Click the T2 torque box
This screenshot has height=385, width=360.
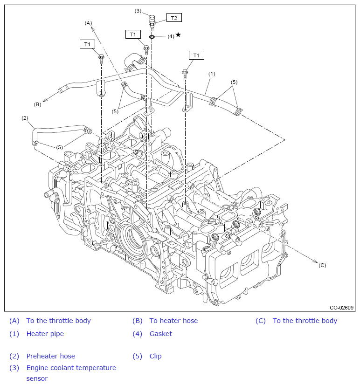click(174, 18)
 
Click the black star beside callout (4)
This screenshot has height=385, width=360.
click(179, 35)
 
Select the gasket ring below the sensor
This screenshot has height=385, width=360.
click(152, 37)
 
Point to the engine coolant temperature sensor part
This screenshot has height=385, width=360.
click(152, 22)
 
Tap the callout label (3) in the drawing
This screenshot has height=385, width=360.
click(138, 11)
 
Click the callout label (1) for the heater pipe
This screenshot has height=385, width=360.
click(212, 74)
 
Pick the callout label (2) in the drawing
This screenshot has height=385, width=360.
click(25, 118)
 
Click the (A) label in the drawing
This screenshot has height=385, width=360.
click(88, 23)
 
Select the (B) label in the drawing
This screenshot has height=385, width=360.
click(37, 104)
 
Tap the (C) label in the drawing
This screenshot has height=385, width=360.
click(322, 265)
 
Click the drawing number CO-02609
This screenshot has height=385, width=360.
click(341, 308)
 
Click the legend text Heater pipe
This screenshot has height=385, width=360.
click(45, 334)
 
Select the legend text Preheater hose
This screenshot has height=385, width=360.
click(51, 356)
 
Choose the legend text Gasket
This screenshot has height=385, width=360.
click(161, 334)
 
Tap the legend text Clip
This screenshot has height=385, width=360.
click(156, 356)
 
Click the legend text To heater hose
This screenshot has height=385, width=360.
click(174, 321)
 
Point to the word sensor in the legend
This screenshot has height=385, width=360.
click(37, 378)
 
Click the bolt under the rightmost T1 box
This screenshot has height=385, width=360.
click(185, 74)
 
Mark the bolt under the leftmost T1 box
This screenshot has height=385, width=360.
click(101, 59)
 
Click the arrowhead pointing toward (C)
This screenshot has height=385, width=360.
click(316, 261)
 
